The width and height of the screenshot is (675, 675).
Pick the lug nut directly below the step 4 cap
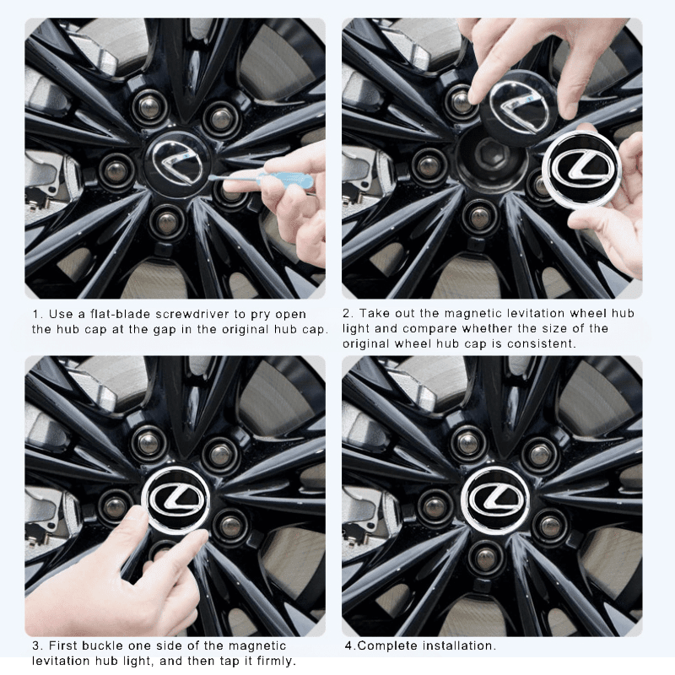485,558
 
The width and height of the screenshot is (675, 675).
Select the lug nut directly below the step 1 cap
168,221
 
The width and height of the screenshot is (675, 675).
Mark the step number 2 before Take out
346,314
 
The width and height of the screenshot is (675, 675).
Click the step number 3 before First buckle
35,645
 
